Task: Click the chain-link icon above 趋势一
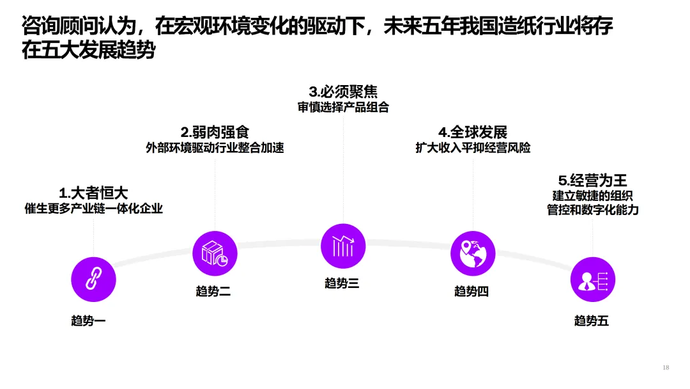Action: coord(93,278)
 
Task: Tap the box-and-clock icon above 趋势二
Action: coord(215,253)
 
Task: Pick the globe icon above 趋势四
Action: coord(473,253)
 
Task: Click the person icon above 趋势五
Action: coord(592,280)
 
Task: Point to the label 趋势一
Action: coord(88,321)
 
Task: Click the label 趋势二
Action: coord(213,292)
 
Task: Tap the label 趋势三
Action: coord(342,283)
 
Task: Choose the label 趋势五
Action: coord(592,321)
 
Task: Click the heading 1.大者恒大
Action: coord(93,193)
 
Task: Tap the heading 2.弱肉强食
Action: coord(215,132)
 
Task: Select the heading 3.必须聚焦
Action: coord(343,91)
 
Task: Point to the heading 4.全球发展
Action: coord(473,132)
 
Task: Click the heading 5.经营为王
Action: coord(592,180)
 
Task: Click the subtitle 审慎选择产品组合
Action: coord(343,107)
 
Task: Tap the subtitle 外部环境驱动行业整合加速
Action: coord(215,148)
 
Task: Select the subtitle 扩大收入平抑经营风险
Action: coord(473,148)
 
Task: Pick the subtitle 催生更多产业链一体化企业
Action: coord(93,209)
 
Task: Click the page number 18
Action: coord(666,367)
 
